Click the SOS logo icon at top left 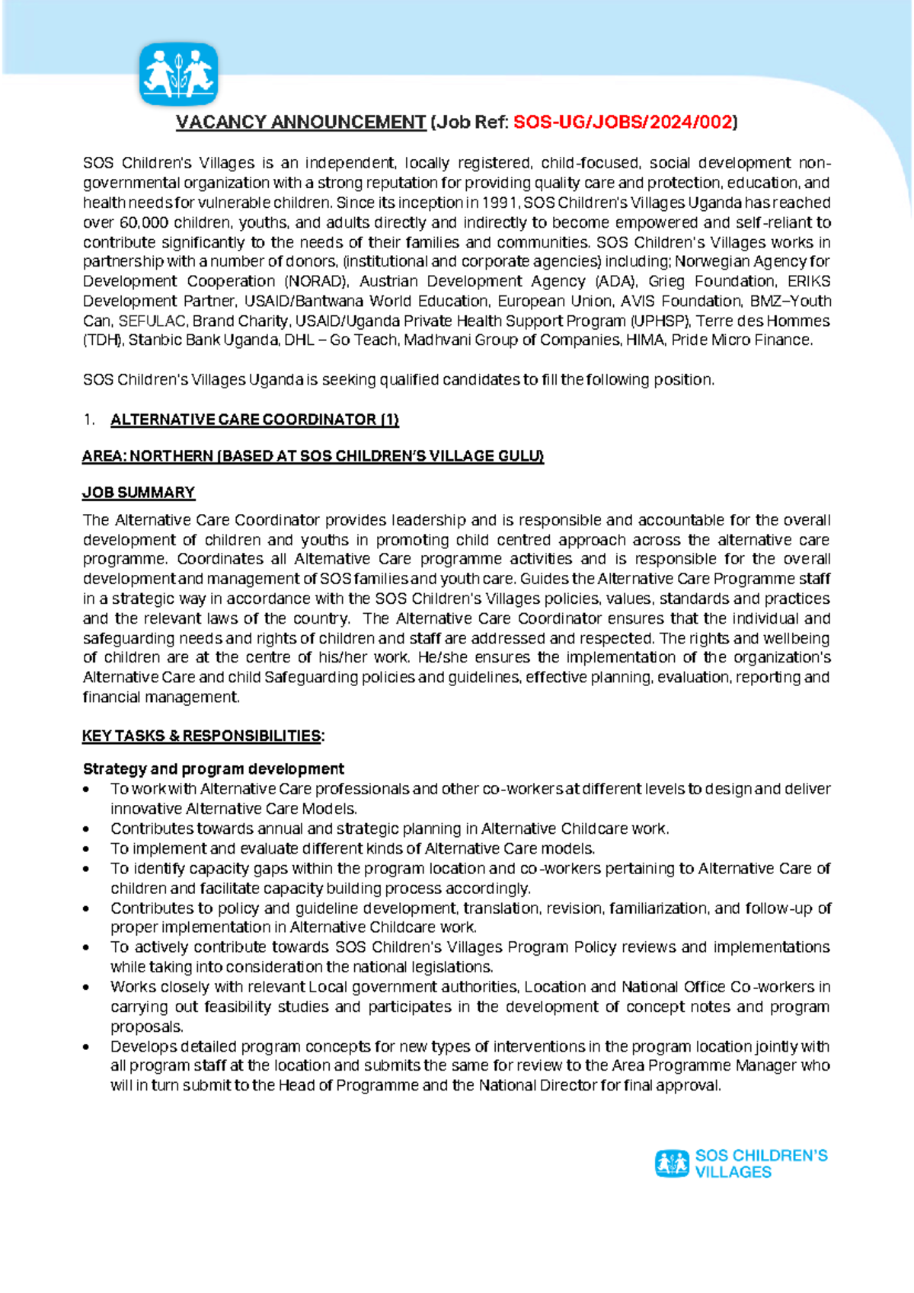point(179,74)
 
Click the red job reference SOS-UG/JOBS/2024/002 point(623,122)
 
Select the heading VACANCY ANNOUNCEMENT point(301,122)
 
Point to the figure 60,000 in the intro point(145,222)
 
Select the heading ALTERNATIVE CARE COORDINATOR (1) point(254,420)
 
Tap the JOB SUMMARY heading point(139,493)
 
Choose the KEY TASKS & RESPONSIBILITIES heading point(203,736)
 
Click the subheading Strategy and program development point(213,768)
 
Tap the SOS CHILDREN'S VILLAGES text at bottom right point(760,1164)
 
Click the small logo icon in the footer point(672,1164)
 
